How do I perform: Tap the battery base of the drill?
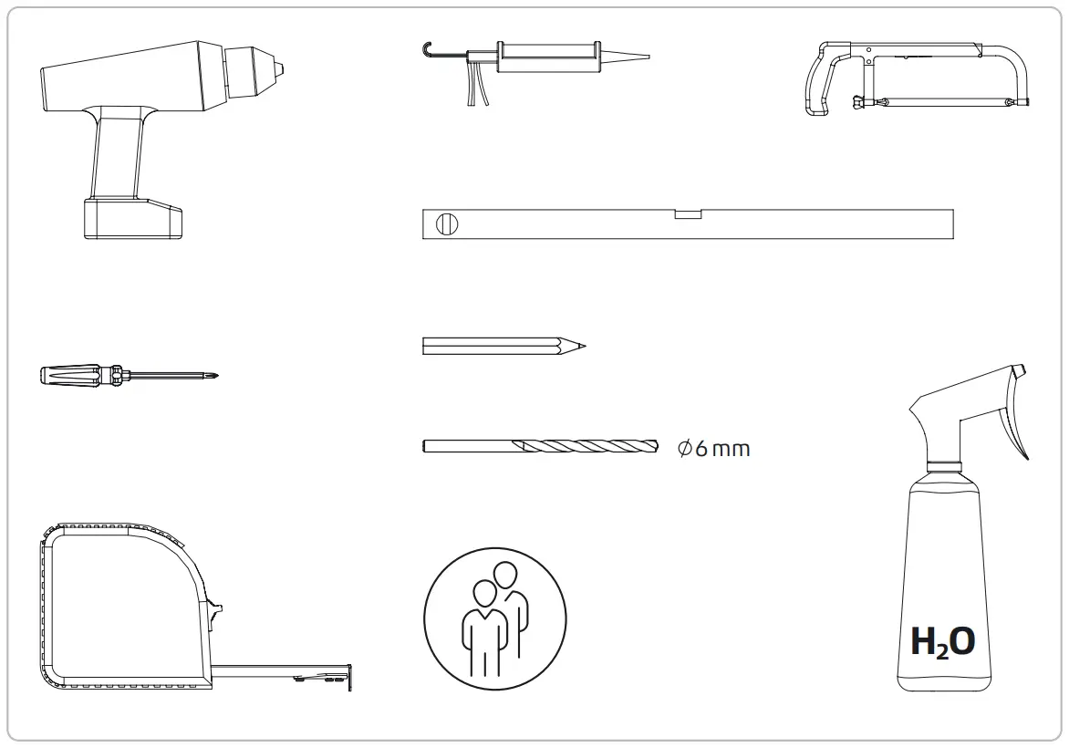pyautogui.click(x=132, y=218)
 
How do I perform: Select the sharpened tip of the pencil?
pyautogui.click(x=580, y=346)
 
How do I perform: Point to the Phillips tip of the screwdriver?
pyautogui.click(x=212, y=374)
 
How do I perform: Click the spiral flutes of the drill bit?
pyautogui.click(x=584, y=446)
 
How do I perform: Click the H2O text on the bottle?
pyautogui.click(x=942, y=641)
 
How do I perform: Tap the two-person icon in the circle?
pyautogui.click(x=495, y=618)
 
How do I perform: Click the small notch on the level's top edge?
pyautogui.click(x=688, y=215)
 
